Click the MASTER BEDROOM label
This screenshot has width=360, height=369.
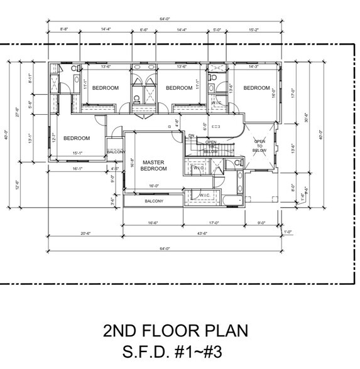pos(153,165)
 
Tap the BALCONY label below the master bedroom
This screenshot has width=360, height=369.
pos(154,201)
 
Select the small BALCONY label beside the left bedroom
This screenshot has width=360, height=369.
pos(116,152)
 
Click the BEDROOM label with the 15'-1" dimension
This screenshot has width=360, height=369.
pos(77,138)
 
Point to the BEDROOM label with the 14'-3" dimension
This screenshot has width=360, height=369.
pos(256,88)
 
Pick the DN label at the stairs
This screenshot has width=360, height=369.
pos(191,136)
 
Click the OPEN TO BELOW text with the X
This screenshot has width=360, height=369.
pos(259,146)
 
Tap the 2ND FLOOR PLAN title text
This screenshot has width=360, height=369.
pos(175,330)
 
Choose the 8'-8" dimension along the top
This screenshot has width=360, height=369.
pos(64,29)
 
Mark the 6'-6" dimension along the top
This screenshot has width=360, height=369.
pos(143,29)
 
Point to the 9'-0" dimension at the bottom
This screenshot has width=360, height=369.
pos(261,223)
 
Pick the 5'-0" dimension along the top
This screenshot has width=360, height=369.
pos(217,29)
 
